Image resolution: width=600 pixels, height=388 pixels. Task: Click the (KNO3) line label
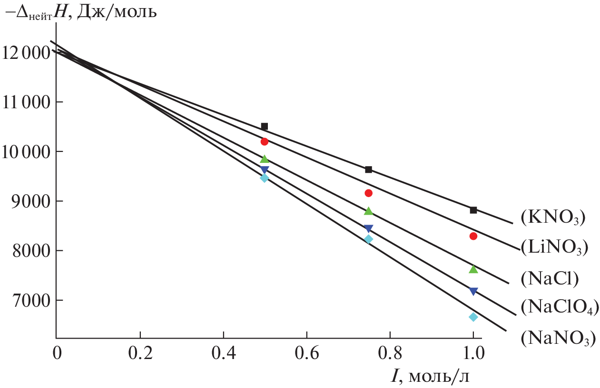click(552, 218)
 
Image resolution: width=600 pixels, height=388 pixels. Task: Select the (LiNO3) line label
click(554, 247)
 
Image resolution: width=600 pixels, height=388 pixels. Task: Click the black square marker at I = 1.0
click(473, 210)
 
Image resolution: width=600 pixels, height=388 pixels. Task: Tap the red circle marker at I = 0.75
click(368, 193)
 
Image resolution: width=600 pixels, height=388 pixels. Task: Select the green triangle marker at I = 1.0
click(473, 269)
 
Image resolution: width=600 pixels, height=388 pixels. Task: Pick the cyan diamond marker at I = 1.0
click(473, 317)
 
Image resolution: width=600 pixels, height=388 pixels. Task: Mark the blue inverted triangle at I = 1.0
click(473, 291)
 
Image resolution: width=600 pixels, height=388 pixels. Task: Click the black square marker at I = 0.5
click(265, 126)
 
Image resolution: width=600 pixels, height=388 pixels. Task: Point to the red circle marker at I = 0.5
click(265, 142)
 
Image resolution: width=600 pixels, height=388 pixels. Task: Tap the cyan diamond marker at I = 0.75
click(368, 239)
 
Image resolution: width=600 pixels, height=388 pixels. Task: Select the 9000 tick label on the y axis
click(30, 201)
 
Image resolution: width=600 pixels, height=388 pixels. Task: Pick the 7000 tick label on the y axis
click(30, 300)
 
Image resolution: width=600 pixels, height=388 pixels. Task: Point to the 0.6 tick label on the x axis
click(306, 354)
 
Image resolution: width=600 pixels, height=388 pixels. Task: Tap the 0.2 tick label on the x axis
click(140, 354)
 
